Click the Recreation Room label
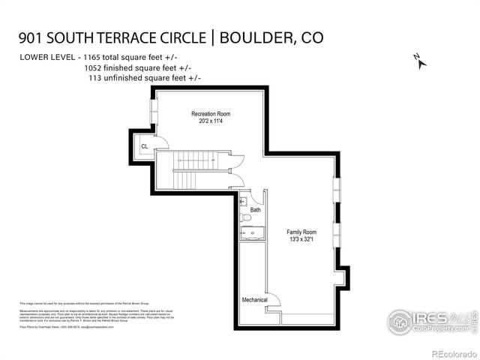[x=209, y=113]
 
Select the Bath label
[x=256, y=210]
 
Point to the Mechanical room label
[x=254, y=300]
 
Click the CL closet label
[x=144, y=147]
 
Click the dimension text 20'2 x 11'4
[x=209, y=121]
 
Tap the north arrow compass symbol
[x=419, y=61]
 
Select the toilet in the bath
[x=246, y=217]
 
